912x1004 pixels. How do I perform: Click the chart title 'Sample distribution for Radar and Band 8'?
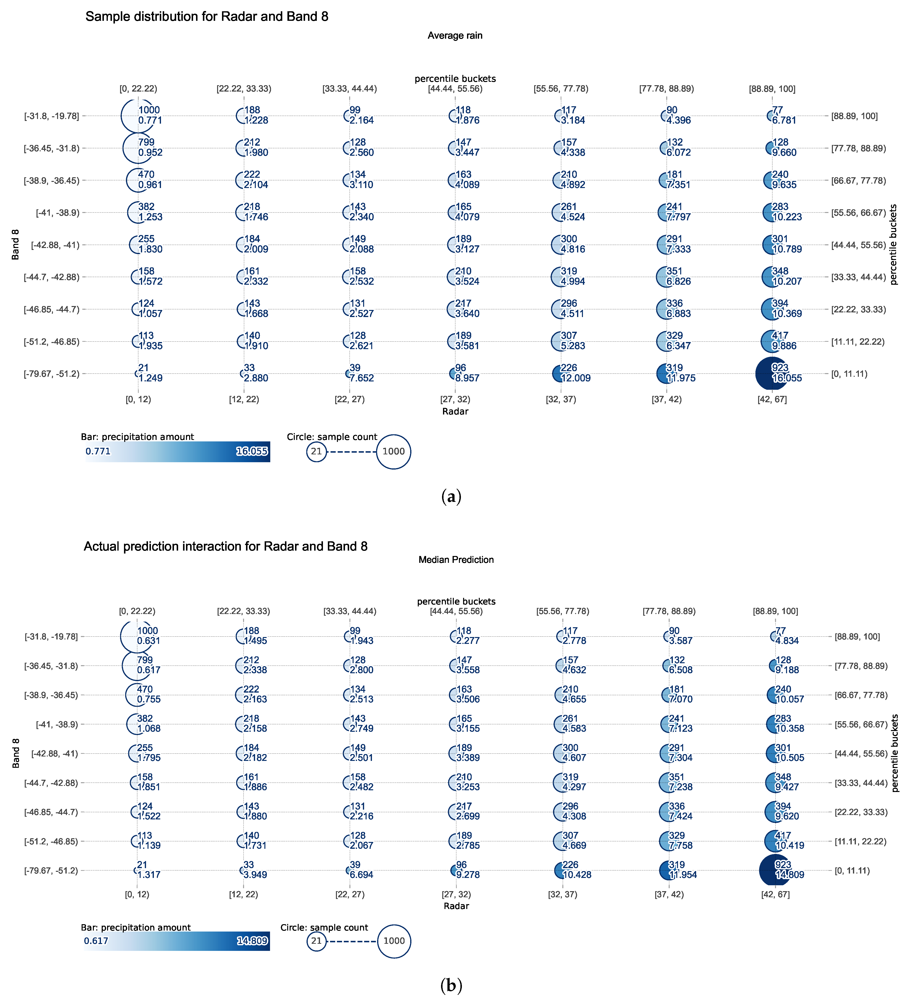(x=207, y=16)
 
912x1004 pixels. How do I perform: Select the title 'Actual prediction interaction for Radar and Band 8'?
(x=225, y=546)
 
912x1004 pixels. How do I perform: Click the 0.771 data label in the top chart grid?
(x=150, y=120)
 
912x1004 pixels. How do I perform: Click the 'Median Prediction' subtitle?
(x=456, y=560)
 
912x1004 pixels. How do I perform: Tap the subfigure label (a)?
(x=452, y=496)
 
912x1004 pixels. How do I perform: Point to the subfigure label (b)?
(x=452, y=985)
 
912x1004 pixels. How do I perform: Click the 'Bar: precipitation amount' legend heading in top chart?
(x=137, y=437)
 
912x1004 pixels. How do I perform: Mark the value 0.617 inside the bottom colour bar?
(x=96, y=941)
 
